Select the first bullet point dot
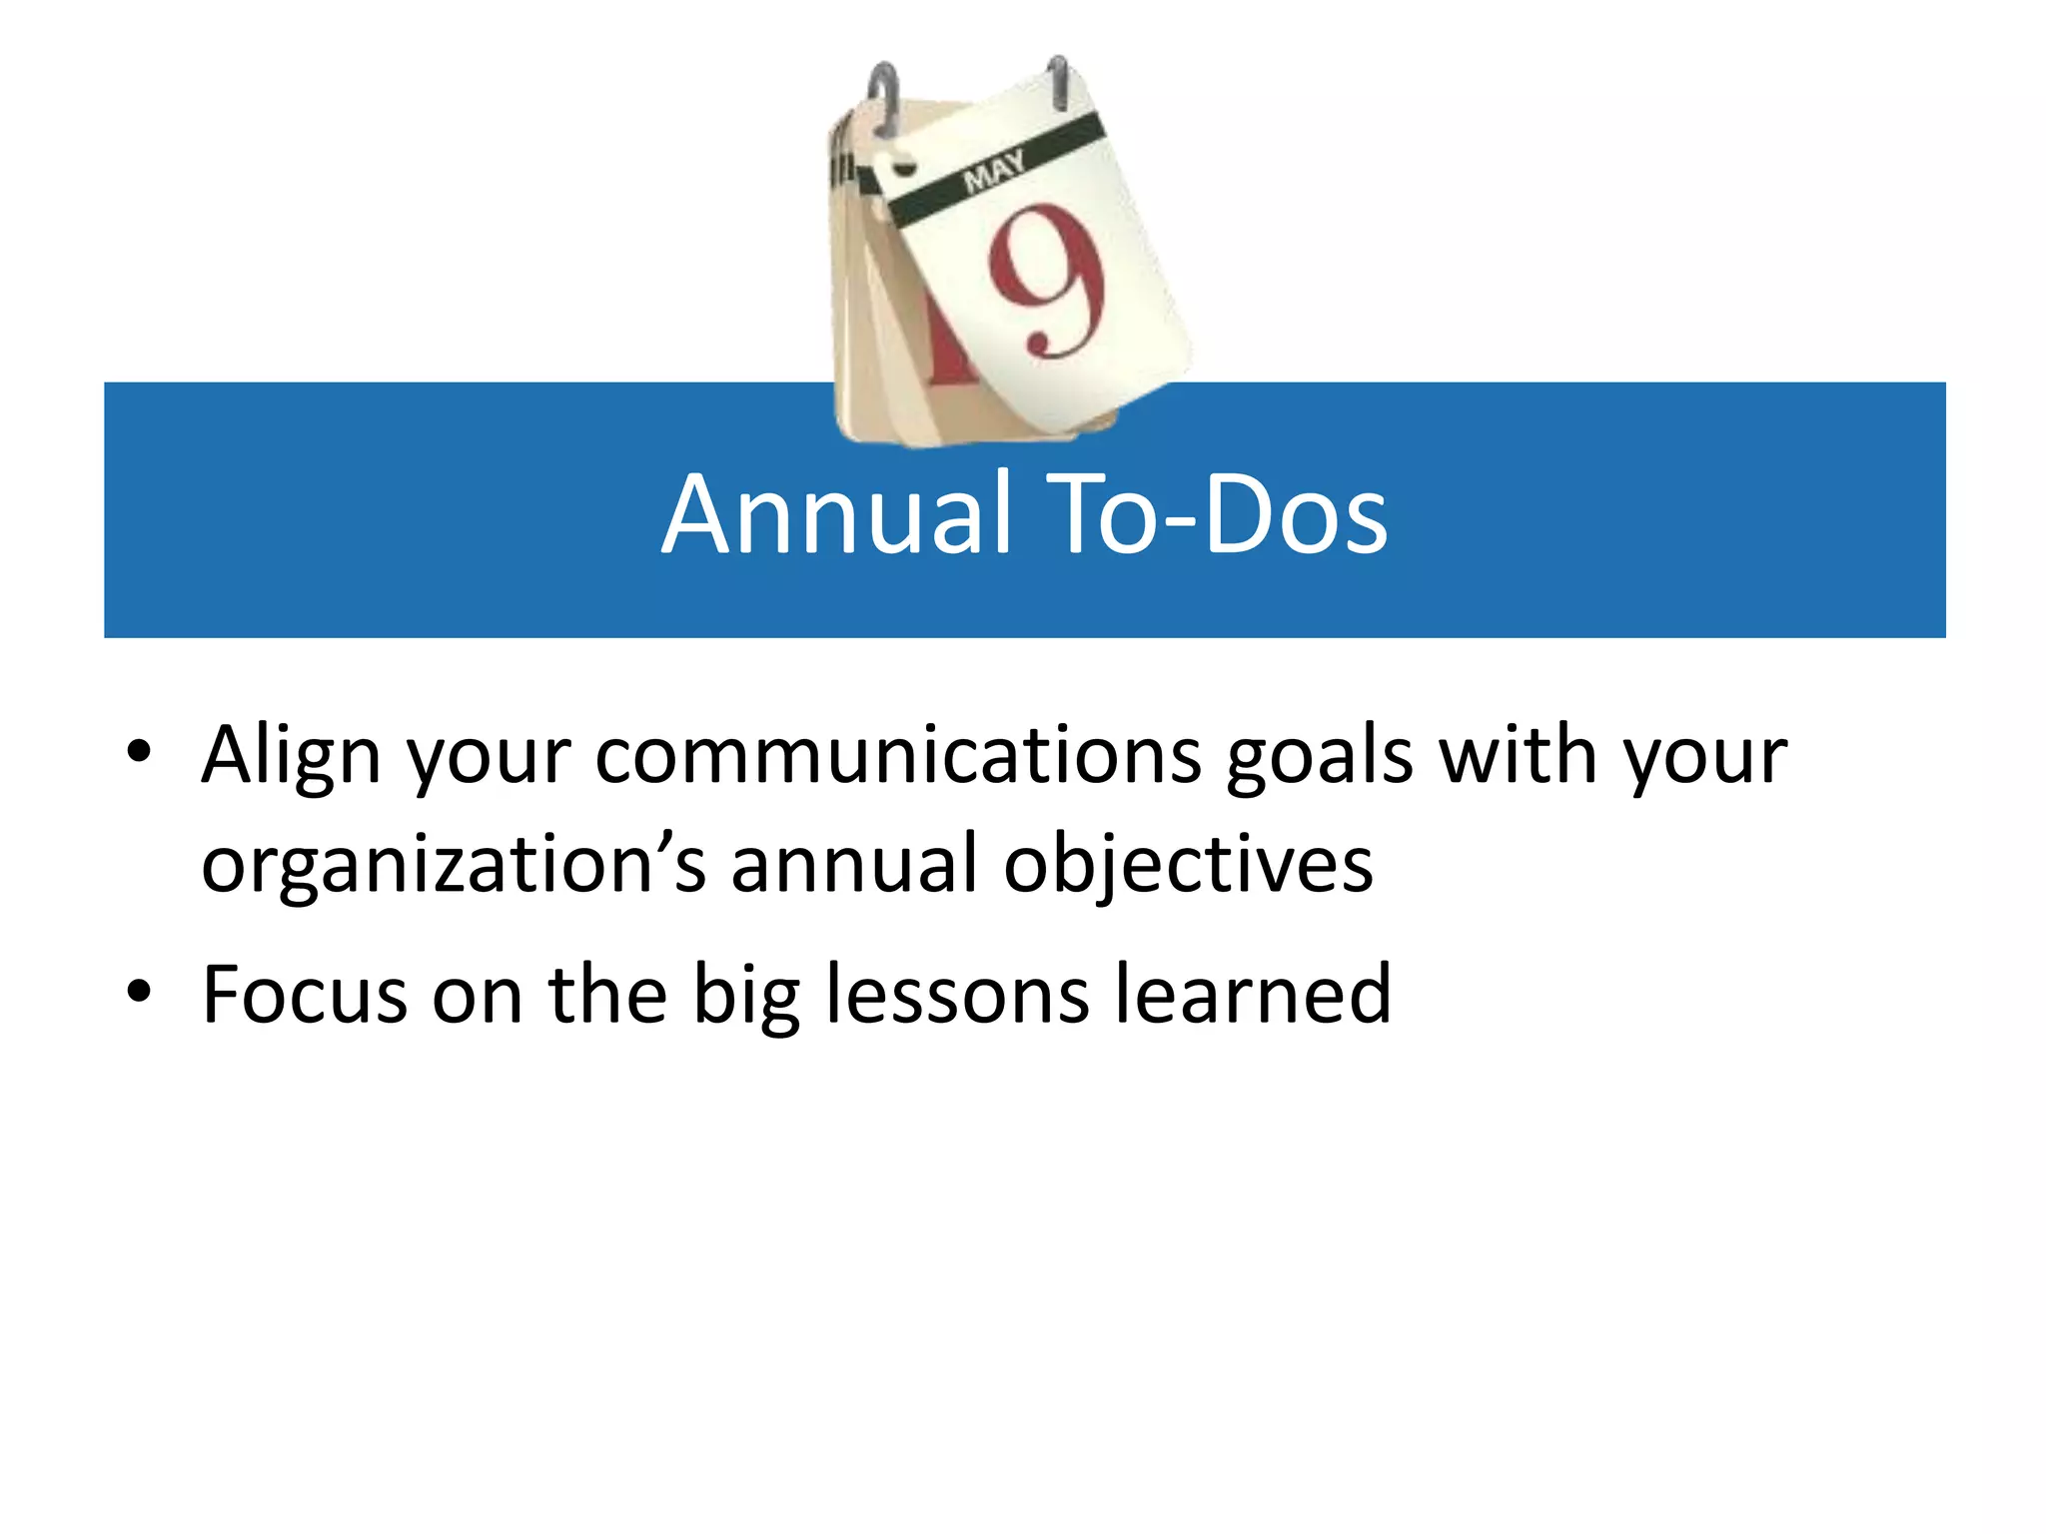click(139, 751)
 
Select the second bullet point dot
click(139, 992)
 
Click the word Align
click(291, 757)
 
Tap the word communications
click(898, 755)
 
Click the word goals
click(1320, 757)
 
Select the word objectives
click(1188, 865)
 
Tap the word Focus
click(305, 995)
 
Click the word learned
click(1253, 995)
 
